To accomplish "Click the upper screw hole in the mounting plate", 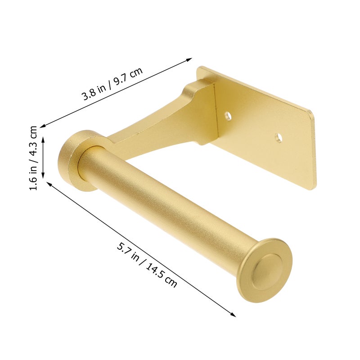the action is pos(228,116).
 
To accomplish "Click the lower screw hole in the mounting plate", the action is pos(279,138).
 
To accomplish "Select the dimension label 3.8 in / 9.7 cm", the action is pos(113,84).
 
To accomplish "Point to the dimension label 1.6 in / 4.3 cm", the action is pos(33,158).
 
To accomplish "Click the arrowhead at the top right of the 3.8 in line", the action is pos(189,60).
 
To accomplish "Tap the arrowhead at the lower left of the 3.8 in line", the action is pos(43,126).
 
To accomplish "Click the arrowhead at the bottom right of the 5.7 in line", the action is pos(233,315).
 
